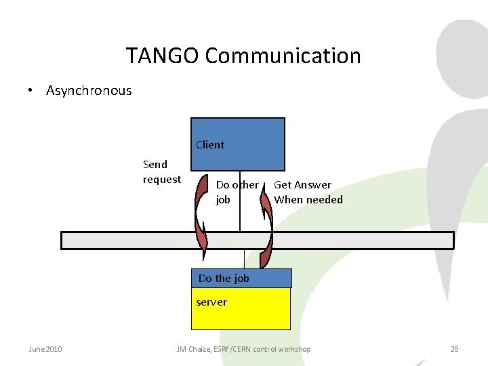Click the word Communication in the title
click(x=283, y=56)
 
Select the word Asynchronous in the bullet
click(x=89, y=91)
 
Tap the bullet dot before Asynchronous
click(x=30, y=91)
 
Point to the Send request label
click(x=161, y=171)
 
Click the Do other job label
click(x=237, y=192)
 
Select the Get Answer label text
click(x=302, y=184)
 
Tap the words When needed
click(x=308, y=200)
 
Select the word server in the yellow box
click(x=211, y=302)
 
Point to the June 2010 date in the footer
click(x=45, y=349)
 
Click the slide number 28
click(x=454, y=349)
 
